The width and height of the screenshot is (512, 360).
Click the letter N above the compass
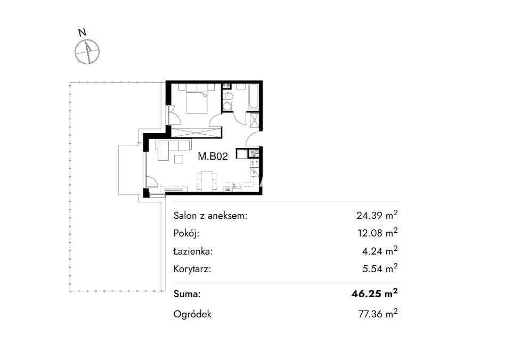coord(82,32)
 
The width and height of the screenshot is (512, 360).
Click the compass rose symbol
coord(87,52)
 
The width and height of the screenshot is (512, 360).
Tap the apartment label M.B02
coord(213,157)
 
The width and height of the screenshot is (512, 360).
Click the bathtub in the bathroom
coord(254,96)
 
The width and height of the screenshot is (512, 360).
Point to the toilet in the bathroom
coord(227,96)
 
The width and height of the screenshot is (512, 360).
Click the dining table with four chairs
coord(207,180)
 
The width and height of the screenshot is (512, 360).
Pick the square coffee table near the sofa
coord(178,159)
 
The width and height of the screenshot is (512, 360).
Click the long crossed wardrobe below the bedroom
coord(196,133)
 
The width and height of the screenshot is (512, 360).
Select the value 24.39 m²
coord(377,215)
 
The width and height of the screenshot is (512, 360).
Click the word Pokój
coord(186,233)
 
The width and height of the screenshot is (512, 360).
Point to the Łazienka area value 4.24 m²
coord(380,251)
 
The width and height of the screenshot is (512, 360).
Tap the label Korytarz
coord(192,269)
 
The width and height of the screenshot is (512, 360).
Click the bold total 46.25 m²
coord(375,293)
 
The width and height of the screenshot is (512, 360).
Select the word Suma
coord(187,294)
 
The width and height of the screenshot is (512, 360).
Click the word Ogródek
coord(192,314)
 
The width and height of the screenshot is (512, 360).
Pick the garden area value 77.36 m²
coord(378,314)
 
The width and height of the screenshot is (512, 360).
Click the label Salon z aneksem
coord(210,216)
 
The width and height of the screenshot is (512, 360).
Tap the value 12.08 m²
coord(377,233)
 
